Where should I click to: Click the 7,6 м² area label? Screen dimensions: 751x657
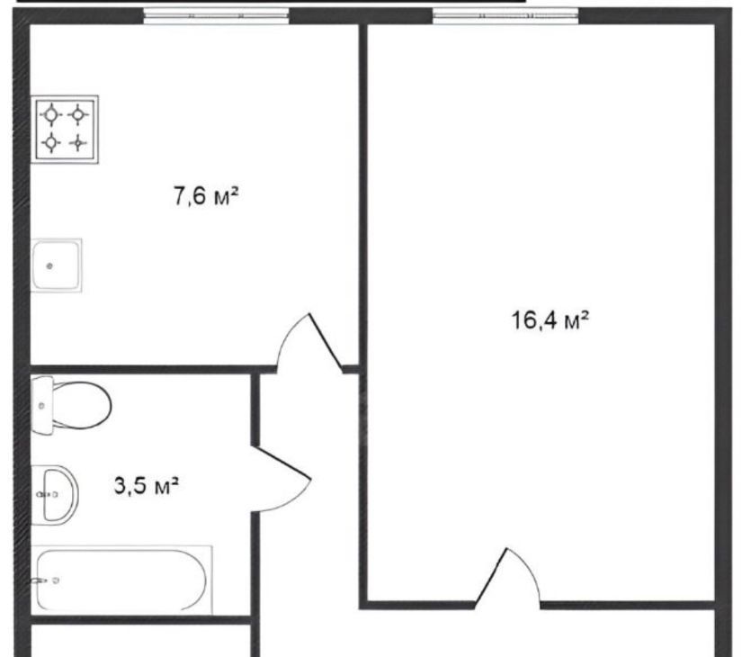205,196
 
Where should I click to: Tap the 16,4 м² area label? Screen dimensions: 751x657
550,319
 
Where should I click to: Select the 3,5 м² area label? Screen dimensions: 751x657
147,485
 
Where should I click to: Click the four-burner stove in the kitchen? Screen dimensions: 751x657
65,130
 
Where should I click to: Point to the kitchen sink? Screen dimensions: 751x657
57,265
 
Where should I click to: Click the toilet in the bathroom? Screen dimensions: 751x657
71,405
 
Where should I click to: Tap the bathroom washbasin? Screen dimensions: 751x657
55,494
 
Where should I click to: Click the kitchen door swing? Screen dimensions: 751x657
310,343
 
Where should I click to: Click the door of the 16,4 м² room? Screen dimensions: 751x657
507,578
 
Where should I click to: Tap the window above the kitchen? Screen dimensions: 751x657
217,16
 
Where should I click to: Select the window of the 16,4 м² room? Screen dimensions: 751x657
505,16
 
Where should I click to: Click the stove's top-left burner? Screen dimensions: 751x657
51,115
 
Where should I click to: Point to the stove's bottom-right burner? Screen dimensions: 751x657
77,143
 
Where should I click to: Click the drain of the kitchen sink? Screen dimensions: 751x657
49,266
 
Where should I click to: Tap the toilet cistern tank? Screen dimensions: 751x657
42,406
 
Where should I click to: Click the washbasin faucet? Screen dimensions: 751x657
48,494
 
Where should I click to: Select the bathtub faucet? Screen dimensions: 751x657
47,580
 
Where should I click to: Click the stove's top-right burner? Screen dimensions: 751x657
77,115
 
